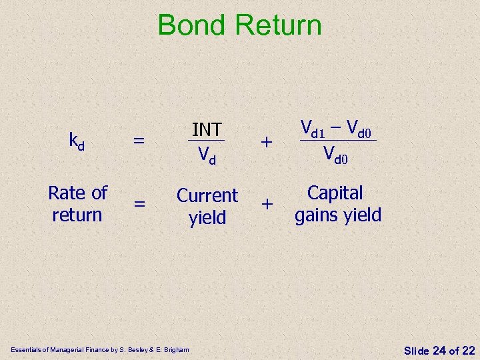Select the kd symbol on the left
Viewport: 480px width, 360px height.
pyautogui.click(x=77, y=141)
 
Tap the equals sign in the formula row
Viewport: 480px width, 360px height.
pyautogui.click(x=139, y=141)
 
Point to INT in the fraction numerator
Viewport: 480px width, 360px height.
pyautogui.click(x=207, y=129)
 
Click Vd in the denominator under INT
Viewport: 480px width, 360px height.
pyautogui.click(x=207, y=155)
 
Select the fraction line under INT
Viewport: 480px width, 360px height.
pyautogui.click(x=207, y=141)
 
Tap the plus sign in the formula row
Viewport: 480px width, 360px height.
pyautogui.click(x=267, y=141)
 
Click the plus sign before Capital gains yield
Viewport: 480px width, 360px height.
pyautogui.click(x=267, y=205)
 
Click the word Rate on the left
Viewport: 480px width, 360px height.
pyautogui.click(x=65, y=193)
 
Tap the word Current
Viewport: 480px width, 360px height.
pyautogui.click(x=207, y=196)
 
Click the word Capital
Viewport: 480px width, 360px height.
pyautogui.click(x=335, y=193)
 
